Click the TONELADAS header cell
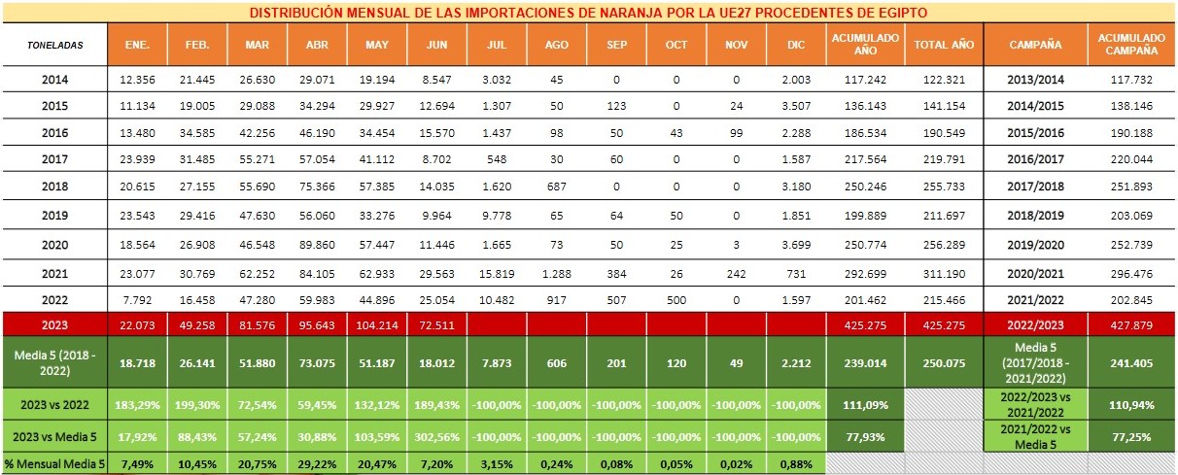[x=55, y=45]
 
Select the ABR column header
[x=318, y=45]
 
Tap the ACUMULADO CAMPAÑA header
[x=1130, y=45]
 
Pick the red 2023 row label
[x=55, y=323]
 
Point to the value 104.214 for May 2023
[x=377, y=323]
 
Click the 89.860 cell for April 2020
[x=318, y=247]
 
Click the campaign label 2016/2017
[x=1035, y=157]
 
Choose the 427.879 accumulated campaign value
[x=1130, y=323]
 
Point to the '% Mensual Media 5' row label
[x=55, y=464]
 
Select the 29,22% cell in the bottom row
[x=318, y=464]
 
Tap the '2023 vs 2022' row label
[x=55, y=401]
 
